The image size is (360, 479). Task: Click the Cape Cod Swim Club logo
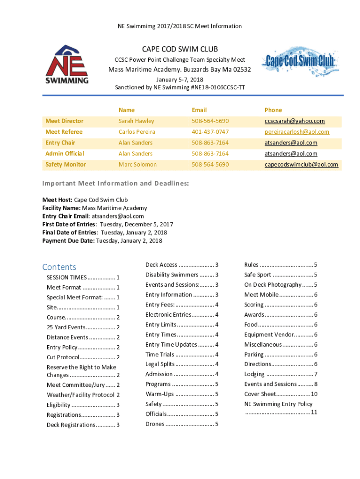tap(300, 61)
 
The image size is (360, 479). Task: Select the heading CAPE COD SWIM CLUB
tap(180, 49)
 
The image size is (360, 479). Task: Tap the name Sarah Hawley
tap(136, 121)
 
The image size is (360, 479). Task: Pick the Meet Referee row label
tap(64, 132)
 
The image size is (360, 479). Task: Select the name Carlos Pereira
tap(137, 132)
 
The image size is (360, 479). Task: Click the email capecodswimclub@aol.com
tap(301, 165)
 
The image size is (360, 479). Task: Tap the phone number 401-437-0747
tap(210, 132)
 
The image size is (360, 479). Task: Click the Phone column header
tap(273, 110)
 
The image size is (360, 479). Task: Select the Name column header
tap(126, 110)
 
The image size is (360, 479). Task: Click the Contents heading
tap(59, 267)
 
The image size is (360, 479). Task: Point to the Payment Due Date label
tap(68, 241)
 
